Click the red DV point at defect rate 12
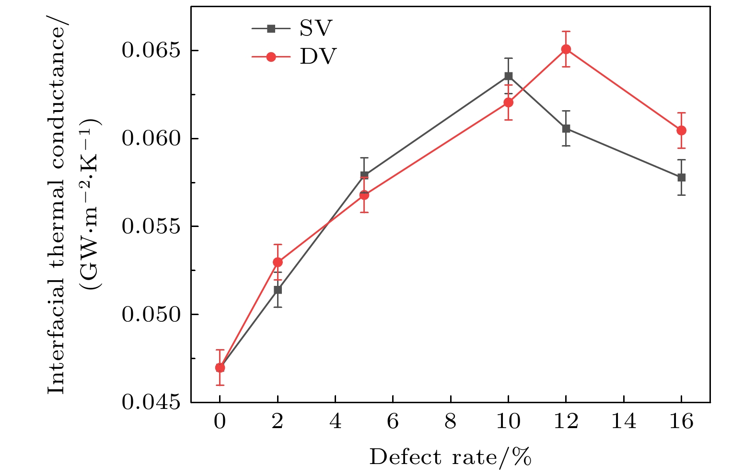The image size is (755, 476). pyautogui.click(x=566, y=49)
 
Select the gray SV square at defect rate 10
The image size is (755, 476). pyautogui.click(x=509, y=76)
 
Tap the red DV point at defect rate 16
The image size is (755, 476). pyautogui.click(x=681, y=130)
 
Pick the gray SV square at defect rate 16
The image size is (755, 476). pyautogui.click(x=681, y=177)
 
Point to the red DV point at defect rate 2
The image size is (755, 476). pyautogui.click(x=278, y=262)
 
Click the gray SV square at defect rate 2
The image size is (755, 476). pyautogui.click(x=278, y=290)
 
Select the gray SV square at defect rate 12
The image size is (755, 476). pyautogui.click(x=566, y=128)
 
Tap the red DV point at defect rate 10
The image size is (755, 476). pyautogui.click(x=509, y=102)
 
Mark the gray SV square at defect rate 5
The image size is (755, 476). pyautogui.click(x=364, y=175)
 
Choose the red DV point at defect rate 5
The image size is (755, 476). pyautogui.click(x=364, y=195)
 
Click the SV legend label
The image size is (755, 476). pyautogui.click(x=315, y=29)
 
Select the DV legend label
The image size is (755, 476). pyautogui.click(x=318, y=57)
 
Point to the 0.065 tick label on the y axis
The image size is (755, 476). pyautogui.click(x=152, y=50)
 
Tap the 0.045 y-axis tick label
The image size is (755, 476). pyautogui.click(x=152, y=403)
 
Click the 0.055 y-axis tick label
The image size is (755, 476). pyautogui.click(x=152, y=227)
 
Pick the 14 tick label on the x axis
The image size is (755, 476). pyautogui.click(x=624, y=422)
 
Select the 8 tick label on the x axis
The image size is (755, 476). pyautogui.click(x=451, y=422)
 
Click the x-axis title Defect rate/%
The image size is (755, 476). pyautogui.click(x=450, y=457)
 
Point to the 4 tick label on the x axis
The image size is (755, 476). pyautogui.click(x=335, y=422)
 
